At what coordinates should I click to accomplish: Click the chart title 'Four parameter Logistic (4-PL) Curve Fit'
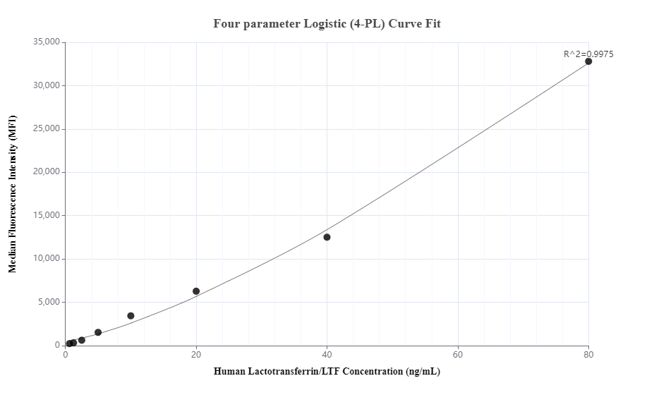327,23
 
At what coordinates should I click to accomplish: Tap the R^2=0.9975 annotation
588,54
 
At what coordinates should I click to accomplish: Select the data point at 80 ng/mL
588,61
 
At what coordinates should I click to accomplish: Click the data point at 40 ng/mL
327,237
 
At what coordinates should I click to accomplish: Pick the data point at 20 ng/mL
196,291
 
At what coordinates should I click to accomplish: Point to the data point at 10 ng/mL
131,316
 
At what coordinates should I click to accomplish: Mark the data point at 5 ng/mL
98,332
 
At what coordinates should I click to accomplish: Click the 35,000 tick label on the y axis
47,42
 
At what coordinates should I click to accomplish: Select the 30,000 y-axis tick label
47,86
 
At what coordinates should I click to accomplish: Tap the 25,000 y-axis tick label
47,129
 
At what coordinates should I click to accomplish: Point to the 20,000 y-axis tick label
47,172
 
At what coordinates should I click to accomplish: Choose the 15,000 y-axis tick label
47,216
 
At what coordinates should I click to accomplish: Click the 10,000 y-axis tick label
47,259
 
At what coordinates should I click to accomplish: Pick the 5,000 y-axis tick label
49,302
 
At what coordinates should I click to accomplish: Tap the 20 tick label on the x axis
196,355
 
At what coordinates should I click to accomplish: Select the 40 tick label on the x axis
327,355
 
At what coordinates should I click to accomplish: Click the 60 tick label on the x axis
458,355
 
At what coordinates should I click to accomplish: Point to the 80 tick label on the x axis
588,355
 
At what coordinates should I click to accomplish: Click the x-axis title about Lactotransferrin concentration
327,372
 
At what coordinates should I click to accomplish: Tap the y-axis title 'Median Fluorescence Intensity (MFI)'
12,194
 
